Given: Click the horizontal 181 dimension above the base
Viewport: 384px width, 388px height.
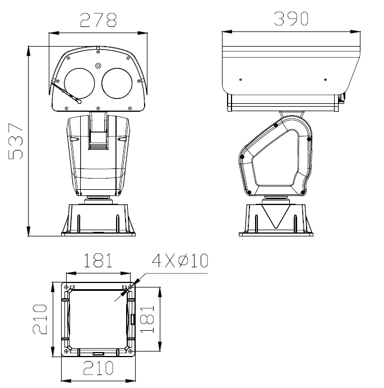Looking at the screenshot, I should point(98,261).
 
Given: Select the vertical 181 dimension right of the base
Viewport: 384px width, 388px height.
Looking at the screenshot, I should point(147,320).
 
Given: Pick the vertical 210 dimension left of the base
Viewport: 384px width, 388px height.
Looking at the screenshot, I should point(40,319).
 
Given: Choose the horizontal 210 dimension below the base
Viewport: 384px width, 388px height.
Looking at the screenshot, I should point(98,368).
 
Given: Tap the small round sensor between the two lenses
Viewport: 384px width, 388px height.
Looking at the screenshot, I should point(98,66).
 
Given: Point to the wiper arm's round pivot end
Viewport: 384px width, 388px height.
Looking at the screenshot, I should point(78,102).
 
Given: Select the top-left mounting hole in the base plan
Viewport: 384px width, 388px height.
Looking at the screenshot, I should point(67,287).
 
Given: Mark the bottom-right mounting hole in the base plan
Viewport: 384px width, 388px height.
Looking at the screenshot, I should point(130,351).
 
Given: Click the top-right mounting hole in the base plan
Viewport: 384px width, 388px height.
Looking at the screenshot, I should point(130,287).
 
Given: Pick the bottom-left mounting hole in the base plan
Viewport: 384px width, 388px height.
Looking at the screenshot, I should point(67,351).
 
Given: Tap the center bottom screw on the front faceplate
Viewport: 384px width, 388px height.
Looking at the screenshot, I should point(98,108).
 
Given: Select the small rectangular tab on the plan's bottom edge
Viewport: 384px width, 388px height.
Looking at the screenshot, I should point(98,354).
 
